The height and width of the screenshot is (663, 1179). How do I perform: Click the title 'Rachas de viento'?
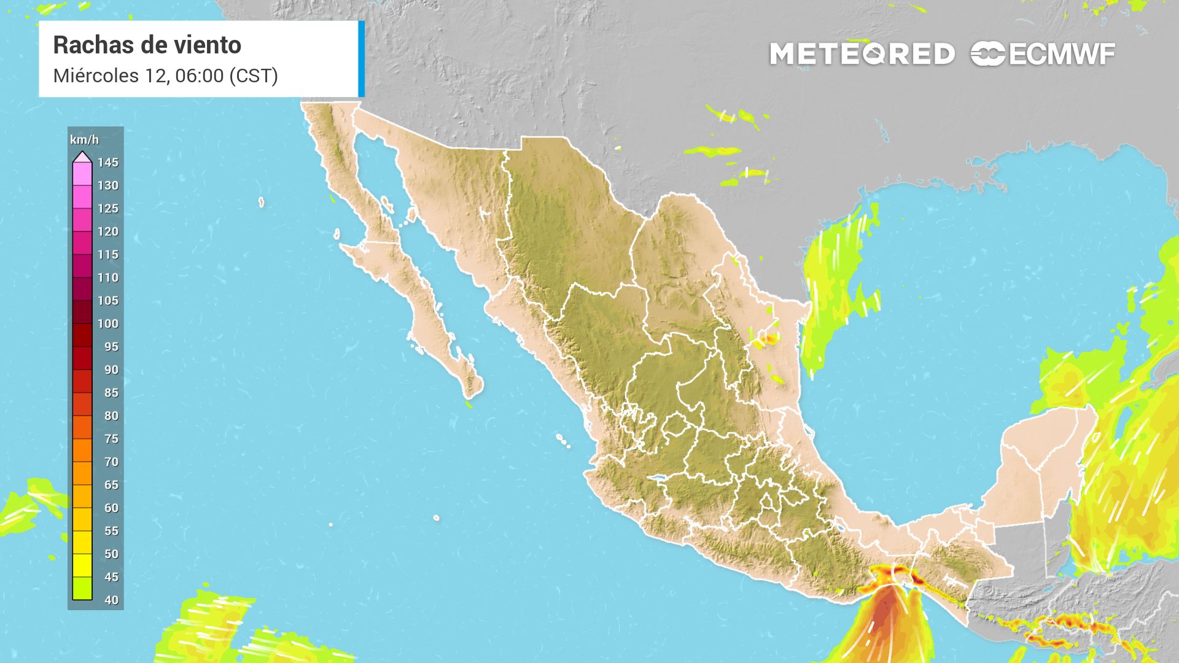[147, 45]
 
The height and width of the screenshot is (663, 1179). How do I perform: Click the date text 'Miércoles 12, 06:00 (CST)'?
[165, 76]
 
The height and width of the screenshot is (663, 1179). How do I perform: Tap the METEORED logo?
[862, 54]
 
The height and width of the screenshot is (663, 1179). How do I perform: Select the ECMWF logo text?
[1061, 55]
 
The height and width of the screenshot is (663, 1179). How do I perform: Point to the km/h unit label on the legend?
[84, 140]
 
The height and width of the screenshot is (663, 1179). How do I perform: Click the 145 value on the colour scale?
[107, 163]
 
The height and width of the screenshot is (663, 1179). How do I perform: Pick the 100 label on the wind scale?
[107, 324]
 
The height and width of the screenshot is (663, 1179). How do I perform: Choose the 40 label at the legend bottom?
[111, 600]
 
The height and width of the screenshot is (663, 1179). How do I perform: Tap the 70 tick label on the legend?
[111, 462]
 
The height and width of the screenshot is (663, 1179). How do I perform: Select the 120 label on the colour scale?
[107, 231]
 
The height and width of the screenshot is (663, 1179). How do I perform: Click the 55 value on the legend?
[111, 530]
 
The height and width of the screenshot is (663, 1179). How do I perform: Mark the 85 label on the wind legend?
[111, 392]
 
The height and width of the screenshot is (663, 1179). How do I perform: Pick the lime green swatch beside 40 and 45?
[82, 588]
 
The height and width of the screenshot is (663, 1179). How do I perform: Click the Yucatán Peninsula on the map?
[1038, 467]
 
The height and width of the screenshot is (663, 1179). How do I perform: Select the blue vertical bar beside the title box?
[361, 59]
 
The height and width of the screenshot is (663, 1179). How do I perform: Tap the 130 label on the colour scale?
[107, 185]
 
